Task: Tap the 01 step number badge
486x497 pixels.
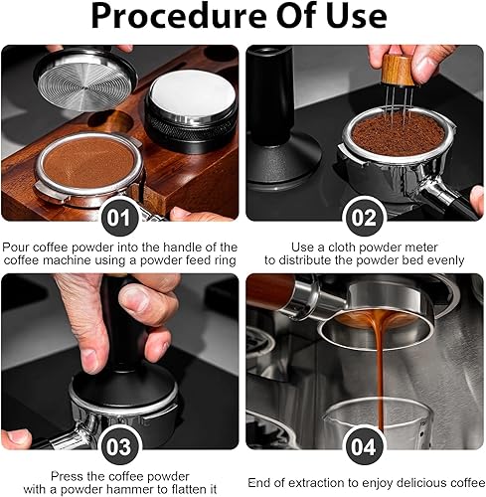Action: click(x=119, y=218)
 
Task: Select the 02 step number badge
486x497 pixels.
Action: click(x=364, y=218)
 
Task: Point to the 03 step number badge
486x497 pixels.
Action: click(x=119, y=446)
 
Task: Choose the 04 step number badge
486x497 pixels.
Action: click(x=364, y=446)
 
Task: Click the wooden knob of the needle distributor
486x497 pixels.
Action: click(x=398, y=70)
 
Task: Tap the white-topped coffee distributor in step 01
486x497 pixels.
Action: click(x=192, y=112)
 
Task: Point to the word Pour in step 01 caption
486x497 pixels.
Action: click(x=16, y=248)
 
